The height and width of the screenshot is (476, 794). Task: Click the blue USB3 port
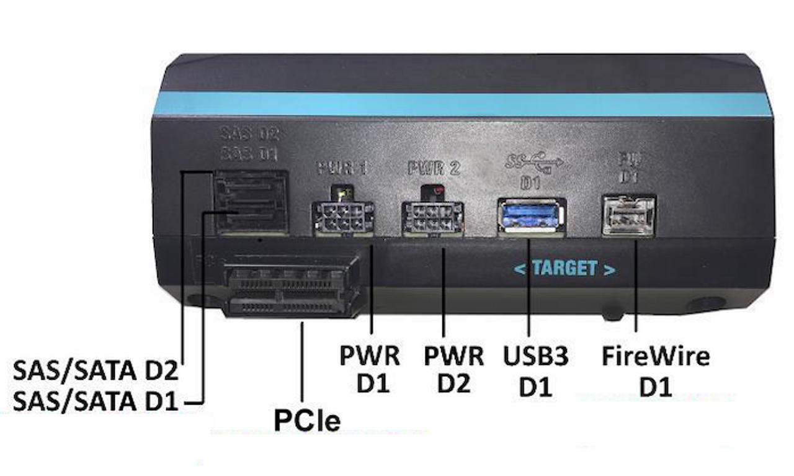tap(530, 215)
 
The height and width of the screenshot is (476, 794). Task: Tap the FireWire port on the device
tap(628, 215)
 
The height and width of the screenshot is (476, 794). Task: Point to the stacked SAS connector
tap(249, 202)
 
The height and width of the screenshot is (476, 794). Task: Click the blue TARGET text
tap(565, 268)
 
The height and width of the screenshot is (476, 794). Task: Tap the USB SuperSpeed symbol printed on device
tap(533, 163)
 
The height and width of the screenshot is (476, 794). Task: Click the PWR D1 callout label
tap(370, 370)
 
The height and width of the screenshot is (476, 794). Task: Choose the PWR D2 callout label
tap(453, 370)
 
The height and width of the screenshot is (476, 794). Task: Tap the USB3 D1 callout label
tap(536, 370)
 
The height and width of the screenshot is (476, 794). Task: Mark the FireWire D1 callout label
tap(656, 370)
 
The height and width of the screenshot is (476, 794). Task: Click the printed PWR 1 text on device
tap(342, 168)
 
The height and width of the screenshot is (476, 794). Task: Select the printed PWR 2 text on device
tap(434, 168)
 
